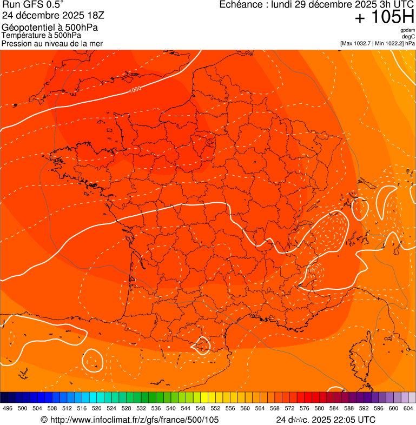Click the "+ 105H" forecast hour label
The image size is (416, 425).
click(385, 17)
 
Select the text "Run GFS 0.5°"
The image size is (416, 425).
click(33, 5)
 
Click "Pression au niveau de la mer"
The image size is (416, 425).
click(52, 43)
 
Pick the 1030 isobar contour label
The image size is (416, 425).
click(135, 89)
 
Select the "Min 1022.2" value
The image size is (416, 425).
click(391, 43)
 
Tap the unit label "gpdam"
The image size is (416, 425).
click(407, 30)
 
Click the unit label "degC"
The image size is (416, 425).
click(408, 37)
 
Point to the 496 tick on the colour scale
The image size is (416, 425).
click(8, 409)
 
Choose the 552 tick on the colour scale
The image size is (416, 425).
click(215, 409)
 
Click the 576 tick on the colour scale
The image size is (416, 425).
click(304, 409)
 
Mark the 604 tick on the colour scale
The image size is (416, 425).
click(408, 409)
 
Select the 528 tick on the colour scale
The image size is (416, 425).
click(126, 409)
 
